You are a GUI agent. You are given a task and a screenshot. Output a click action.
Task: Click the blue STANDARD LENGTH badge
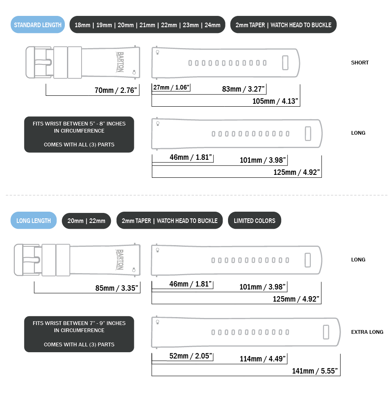coord(38,25)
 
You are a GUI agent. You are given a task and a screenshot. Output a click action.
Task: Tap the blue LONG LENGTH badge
coord(33,220)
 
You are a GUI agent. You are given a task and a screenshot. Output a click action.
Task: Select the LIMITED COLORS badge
coord(254,220)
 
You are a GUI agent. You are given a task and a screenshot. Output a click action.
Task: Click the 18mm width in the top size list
coord(82,25)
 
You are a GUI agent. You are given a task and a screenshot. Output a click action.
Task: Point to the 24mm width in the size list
coord(213,25)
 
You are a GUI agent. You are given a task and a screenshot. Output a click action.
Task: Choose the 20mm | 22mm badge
coord(86,220)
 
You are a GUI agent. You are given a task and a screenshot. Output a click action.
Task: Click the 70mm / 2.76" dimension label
coord(116,90)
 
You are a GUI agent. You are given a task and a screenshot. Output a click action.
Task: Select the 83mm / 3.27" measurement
coord(243,89)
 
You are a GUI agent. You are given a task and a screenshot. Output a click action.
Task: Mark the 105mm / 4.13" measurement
coord(276,101)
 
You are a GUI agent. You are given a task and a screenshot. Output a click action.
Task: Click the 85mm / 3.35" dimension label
coord(117,288)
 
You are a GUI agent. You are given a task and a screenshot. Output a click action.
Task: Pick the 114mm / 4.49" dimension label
coord(263,359)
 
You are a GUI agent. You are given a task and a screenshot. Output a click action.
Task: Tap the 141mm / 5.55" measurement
coord(315,371)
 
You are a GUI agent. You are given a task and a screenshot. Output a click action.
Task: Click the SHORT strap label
coord(360,63)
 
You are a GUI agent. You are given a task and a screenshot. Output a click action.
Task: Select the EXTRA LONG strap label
coord(367,332)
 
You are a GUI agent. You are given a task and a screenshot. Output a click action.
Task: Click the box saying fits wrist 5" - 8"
coord(79,134)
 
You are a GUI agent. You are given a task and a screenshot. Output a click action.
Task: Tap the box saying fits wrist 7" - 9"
coord(79,334)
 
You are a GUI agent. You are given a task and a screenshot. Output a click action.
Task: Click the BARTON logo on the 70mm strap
coord(120,62)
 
